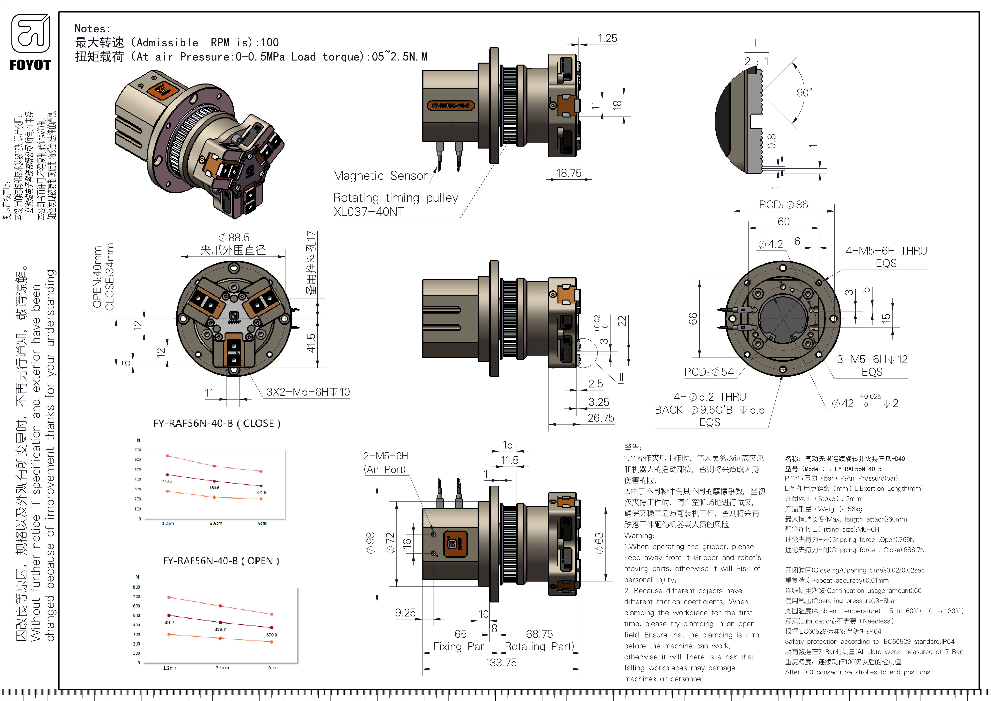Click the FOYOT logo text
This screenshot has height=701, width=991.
coord(30,65)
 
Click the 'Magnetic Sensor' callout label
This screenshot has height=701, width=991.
coord(380,176)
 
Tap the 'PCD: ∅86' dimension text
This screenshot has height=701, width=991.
coord(783,205)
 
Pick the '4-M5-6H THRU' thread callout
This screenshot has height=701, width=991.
coord(886,251)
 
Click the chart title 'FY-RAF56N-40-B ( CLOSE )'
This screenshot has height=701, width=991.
coord(217,423)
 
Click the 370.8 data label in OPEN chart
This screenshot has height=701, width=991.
coord(271,634)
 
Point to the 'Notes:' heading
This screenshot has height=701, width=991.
coord(92,29)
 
